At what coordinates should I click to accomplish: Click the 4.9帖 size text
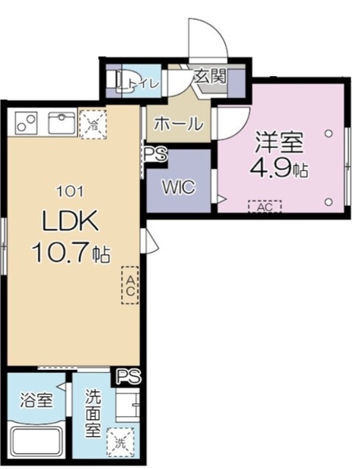[279, 170]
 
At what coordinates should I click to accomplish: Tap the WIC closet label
[180, 187]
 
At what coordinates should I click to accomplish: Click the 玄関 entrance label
[209, 75]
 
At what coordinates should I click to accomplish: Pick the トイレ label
[144, 83]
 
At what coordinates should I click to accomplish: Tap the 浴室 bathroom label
[34, 401]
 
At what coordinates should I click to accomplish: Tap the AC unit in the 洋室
[265, 207]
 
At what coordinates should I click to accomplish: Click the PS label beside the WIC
[155, 155]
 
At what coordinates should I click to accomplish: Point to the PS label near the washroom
[129, 377]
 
